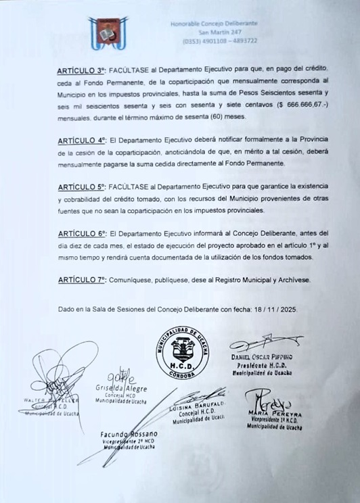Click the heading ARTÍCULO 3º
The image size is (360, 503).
[x=82, y=70]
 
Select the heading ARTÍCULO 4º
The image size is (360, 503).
[x=82, y=140]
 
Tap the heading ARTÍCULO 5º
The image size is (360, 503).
[x=82, y=187]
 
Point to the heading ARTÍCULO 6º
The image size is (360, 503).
[x=82, y=233]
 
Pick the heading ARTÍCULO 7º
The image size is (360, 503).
[x=82, y=279]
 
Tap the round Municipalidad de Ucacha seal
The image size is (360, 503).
[x=183, y=354]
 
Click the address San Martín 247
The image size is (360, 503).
[x=219, y=32]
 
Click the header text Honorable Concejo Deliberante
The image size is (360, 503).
[x=215, y=24]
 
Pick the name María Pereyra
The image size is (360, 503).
[x=275, y=414]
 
